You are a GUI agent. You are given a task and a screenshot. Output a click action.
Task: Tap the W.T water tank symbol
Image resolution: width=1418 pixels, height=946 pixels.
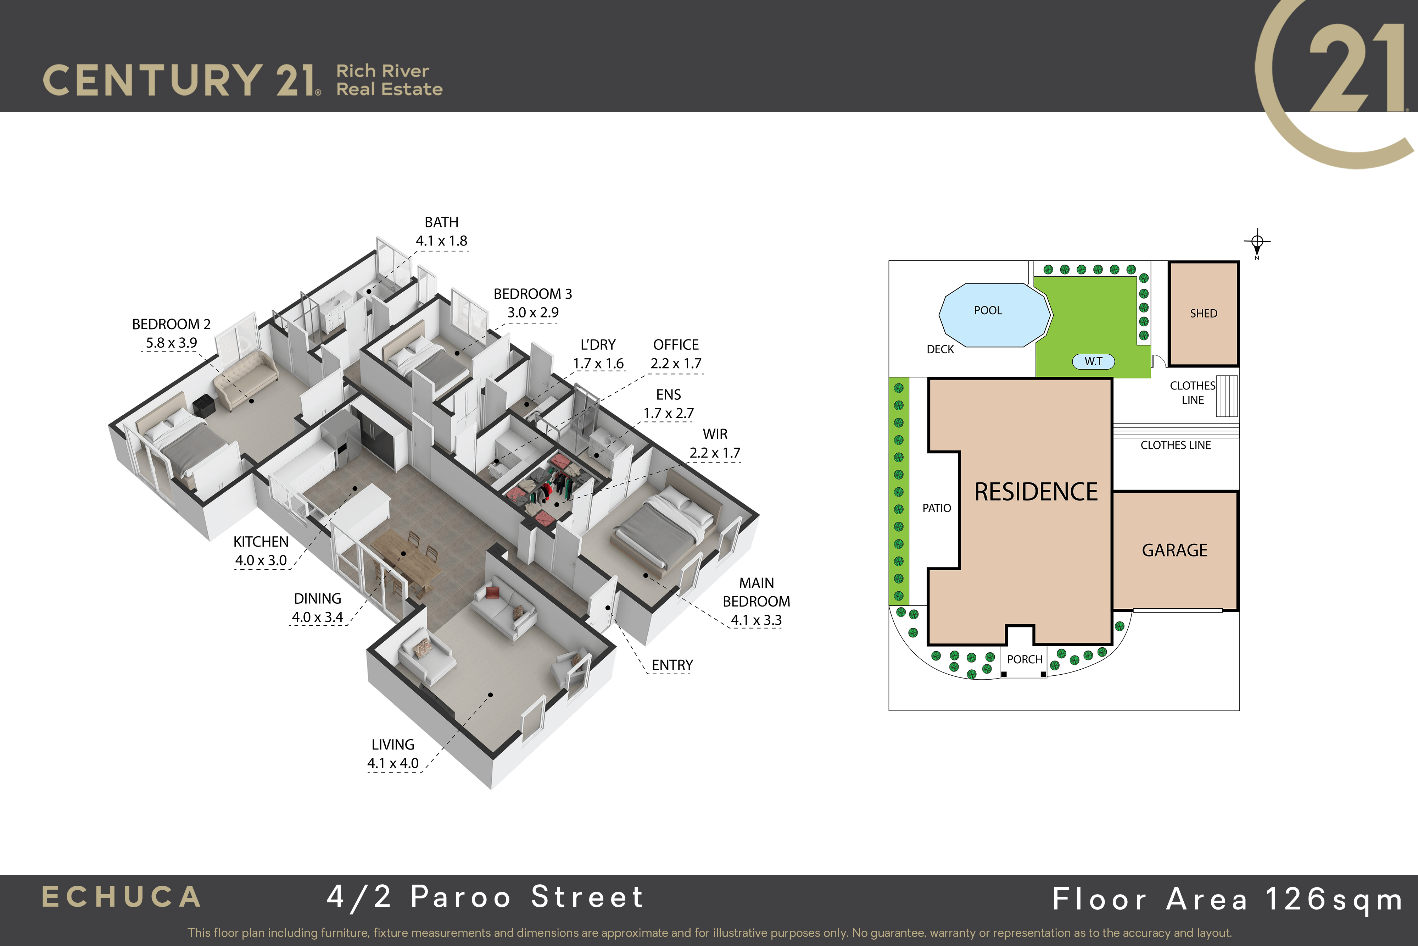pos(1093,361)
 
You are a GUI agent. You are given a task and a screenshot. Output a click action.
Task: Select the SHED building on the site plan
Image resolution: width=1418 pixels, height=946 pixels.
pos(1204,314)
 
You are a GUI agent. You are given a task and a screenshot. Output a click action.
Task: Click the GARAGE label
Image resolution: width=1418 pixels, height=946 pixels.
pos(1174,550)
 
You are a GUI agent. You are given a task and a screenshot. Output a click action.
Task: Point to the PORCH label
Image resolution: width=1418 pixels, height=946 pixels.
pos(1024,659)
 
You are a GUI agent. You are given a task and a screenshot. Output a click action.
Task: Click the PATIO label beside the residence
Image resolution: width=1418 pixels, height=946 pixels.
pos(936,508)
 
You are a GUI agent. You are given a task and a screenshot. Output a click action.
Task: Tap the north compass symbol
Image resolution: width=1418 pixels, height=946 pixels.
pos(1257,243)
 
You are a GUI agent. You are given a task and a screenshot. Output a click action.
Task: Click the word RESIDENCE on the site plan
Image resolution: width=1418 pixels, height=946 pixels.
pos(1036,492)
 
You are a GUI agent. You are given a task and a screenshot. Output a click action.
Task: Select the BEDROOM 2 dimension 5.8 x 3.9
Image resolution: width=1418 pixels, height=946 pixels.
pos(171,343)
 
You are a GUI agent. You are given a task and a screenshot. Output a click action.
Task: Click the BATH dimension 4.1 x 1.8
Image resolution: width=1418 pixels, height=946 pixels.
pos(441,241)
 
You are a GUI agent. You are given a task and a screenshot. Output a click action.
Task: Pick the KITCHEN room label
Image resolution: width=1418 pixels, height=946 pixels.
pos(261,542)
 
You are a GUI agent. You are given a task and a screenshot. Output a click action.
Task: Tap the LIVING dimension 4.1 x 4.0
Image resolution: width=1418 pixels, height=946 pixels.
pos(393,763)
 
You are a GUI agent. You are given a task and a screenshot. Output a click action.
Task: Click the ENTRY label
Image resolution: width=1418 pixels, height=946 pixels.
pos(672,665)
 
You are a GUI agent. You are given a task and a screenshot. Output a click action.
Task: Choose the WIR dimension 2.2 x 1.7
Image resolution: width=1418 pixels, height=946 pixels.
pos(715,453)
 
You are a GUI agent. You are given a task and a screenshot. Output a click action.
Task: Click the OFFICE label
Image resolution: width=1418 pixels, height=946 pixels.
pos(676,344)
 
